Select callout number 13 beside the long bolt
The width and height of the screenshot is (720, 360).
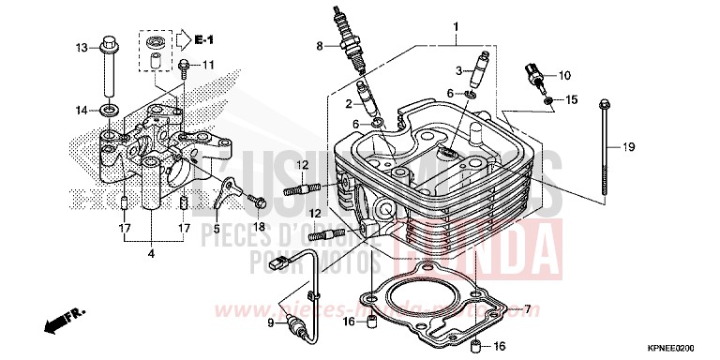82,48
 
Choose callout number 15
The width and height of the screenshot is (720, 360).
571,99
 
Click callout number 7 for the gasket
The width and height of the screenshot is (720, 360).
527,308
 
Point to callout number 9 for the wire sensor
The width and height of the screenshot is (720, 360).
272,323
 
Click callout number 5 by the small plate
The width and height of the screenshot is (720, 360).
217,228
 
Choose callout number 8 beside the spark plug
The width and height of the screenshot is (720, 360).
320,45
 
